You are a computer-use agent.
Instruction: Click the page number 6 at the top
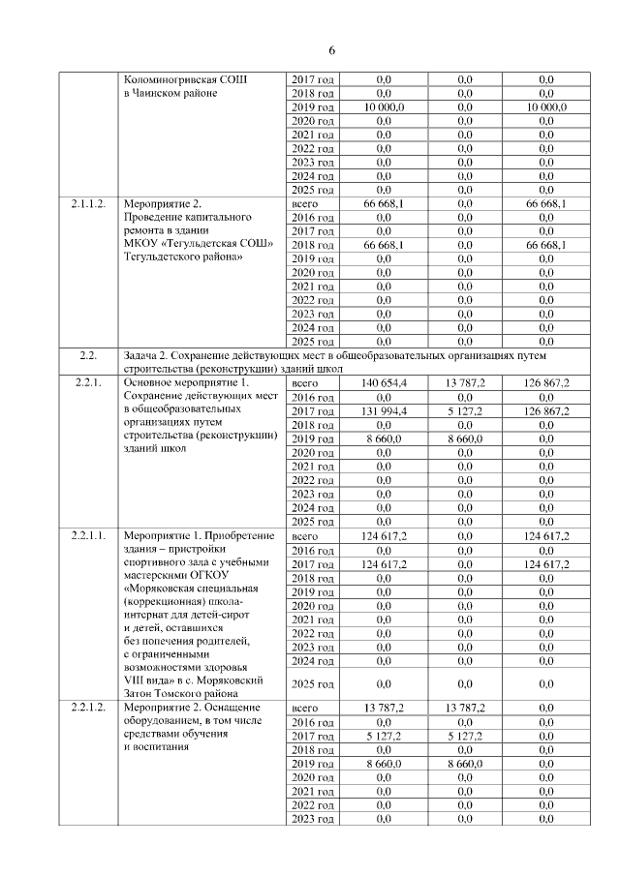331,50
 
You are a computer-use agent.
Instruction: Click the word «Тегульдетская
203,246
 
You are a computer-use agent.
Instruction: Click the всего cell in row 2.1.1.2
305,204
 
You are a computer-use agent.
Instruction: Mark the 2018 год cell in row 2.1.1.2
313,246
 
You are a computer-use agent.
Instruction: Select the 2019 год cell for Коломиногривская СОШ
313,107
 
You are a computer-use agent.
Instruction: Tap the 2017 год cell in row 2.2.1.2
313,736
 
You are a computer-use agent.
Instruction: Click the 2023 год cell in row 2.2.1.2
313,819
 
